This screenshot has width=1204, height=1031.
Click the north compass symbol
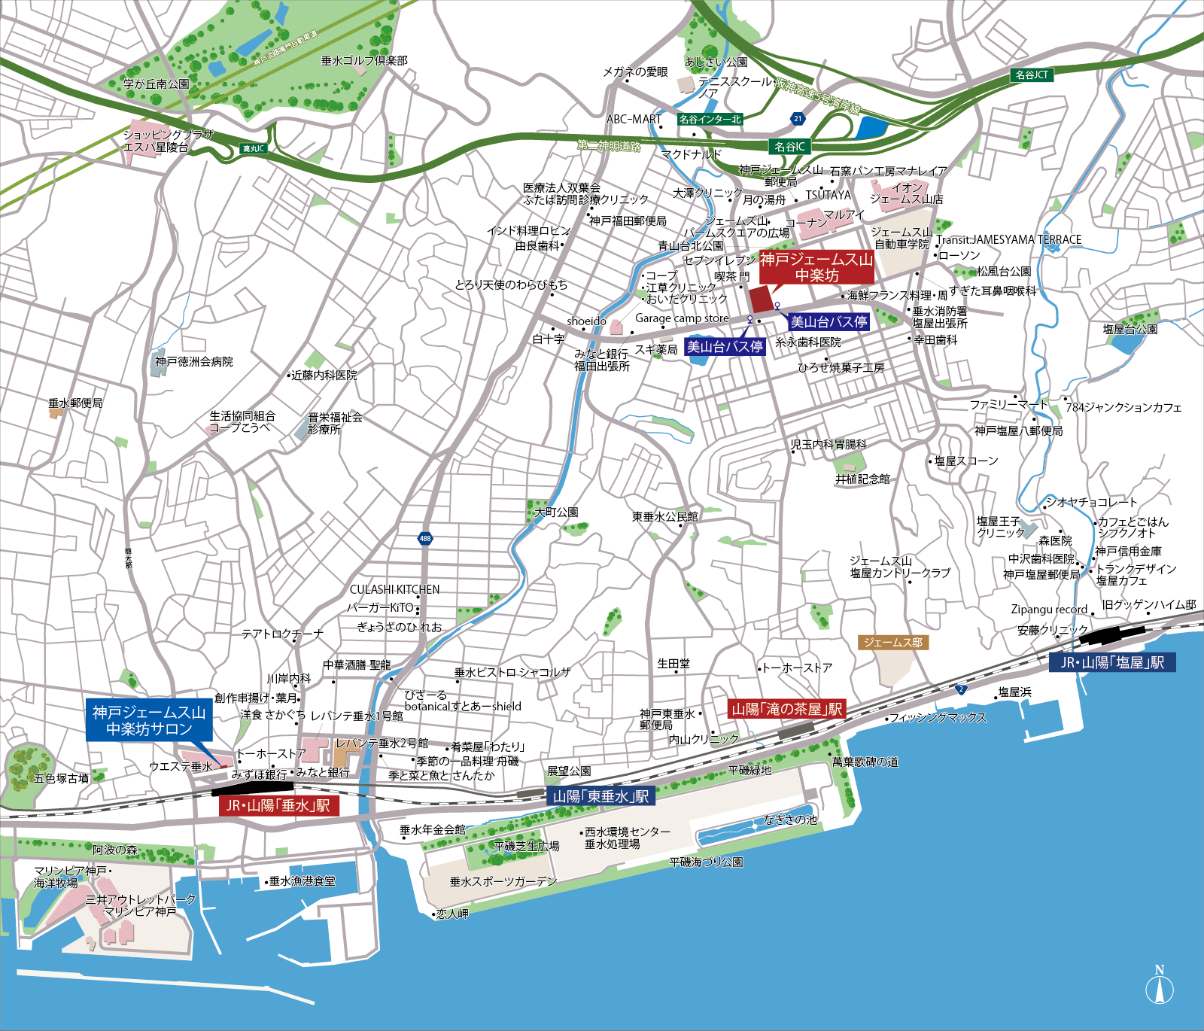[1160, 988]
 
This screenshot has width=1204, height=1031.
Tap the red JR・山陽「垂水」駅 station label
[278, 806]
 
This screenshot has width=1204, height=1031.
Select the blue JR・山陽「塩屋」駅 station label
[1112, 662]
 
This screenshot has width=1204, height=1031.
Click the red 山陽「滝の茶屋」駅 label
[787, 709]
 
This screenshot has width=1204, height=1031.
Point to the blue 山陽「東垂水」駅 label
[601, 797]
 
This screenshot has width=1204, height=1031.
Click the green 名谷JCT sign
[1032, 75]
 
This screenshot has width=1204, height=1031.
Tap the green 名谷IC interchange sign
[789, 147]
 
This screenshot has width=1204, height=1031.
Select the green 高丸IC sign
[254, 149]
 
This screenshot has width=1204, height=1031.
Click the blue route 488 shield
[425, 539]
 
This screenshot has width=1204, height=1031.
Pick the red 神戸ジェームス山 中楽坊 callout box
[816, 268]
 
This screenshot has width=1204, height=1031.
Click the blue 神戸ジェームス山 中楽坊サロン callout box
[149, 721]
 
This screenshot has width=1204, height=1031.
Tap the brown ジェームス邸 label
[892, 643]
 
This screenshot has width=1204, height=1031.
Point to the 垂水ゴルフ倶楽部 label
[364, 61]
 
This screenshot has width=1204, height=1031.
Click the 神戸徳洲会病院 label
[194, 362]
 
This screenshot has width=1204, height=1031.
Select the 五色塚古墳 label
[62, 778]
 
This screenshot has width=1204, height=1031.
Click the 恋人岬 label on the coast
[452, 914]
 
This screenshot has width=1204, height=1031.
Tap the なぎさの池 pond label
[790, 820]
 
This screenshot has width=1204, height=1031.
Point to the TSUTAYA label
[828, 195]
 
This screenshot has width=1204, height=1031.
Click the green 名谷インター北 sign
[710, 119]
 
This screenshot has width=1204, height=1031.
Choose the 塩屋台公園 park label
[1130, 330]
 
